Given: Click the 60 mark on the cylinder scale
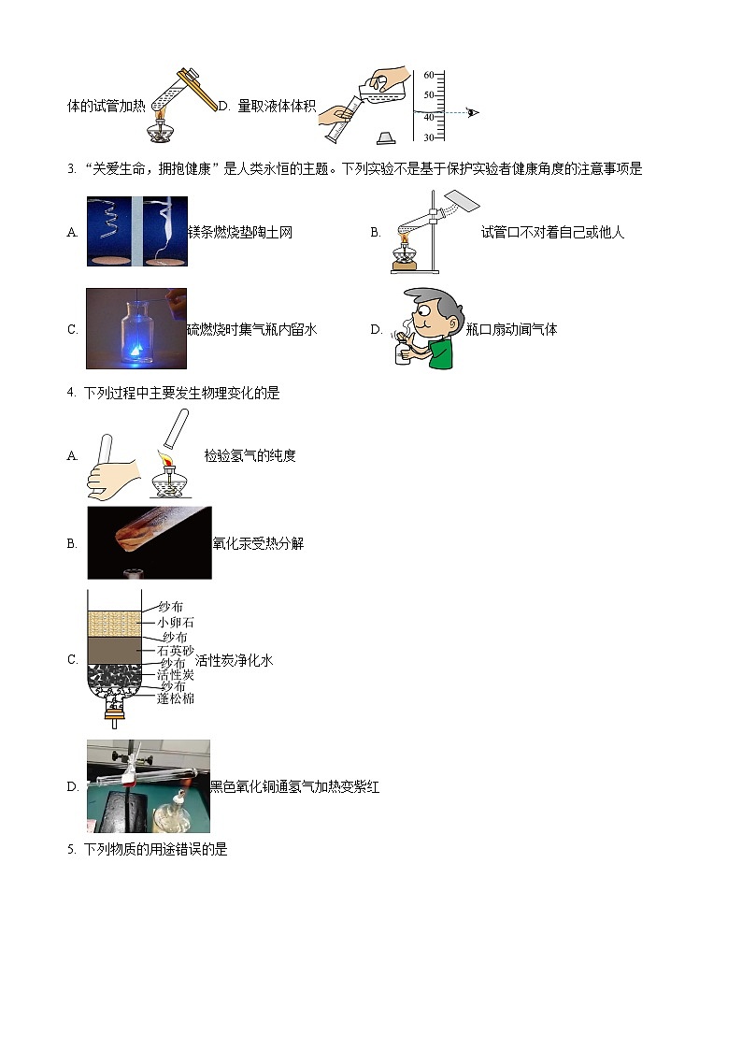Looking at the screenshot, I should click(x=428, y=75).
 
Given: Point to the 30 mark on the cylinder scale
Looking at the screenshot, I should click(x=428, y=138).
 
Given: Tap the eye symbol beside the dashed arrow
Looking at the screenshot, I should click(x=473, y=112).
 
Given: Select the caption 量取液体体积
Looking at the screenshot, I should click(x=277, y=107).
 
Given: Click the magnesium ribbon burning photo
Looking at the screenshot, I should click(x=136, y=231).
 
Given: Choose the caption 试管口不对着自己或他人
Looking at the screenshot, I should click(x=552, y=233).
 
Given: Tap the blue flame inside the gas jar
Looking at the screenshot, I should click(x=136, y=348).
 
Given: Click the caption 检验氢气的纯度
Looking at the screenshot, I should click(x=250, y=456).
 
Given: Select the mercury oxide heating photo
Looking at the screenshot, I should click(x=149, y=543).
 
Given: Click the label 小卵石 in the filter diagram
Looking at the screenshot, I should click(x=176, y=622).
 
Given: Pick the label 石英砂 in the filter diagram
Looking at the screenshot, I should click(x=175, y=650).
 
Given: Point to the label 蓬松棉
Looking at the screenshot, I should click(x=176, y=698).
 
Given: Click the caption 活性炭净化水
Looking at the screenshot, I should click(x=234, y=660).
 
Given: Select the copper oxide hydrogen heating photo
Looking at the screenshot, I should click(x=148, y=786).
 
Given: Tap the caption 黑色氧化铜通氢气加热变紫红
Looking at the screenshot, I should click(x=294, y=787).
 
